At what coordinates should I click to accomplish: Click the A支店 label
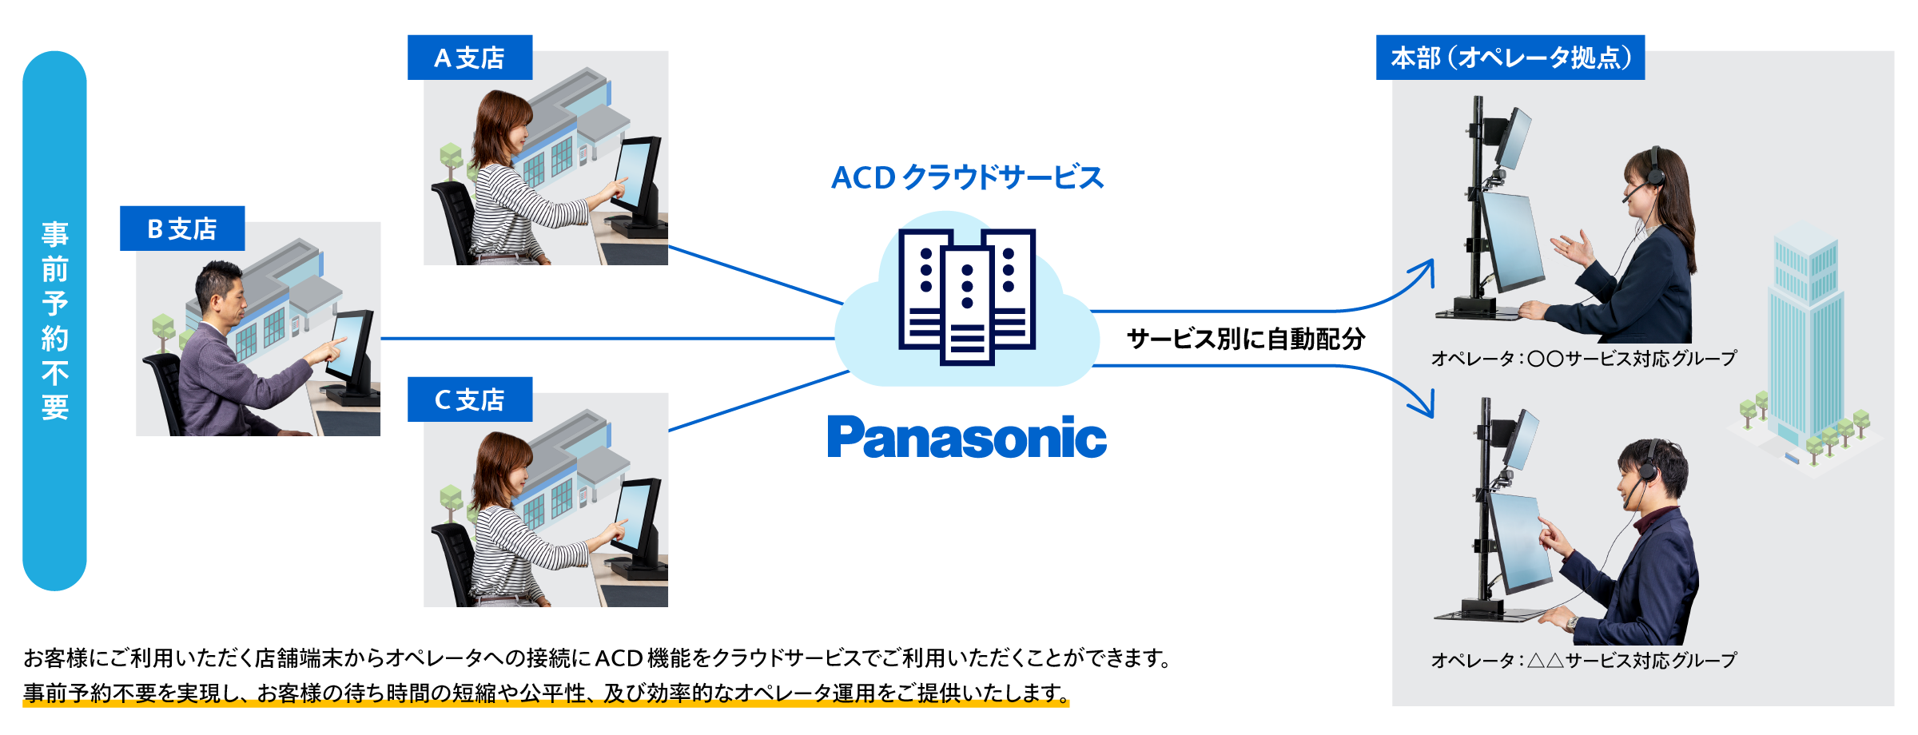(x=469, y=58)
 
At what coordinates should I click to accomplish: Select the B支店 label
(x=182, y=229)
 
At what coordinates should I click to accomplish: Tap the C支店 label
(x=469, y=399)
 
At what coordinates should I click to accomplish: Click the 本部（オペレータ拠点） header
(x=1510, y=58)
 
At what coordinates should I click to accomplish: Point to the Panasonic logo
(x=966, y=437)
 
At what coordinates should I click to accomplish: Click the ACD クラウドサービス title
(x=967, y=177)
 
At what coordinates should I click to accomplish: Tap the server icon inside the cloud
(x=967, y=296)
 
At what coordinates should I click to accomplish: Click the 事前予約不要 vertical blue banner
(x=54, y=320)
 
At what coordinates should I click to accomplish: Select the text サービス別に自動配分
(x=1245, y=339)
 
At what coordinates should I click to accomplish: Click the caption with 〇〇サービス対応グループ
(x=1584, y=359)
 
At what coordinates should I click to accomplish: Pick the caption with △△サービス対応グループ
(x=1584, y=660)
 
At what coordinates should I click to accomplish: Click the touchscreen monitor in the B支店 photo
(x=350, y=346)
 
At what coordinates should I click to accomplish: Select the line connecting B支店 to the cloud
(x=607, y=339)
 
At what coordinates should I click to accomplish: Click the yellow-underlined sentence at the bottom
(x=546, y=693)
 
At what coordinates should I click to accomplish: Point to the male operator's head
(x=1653, y=467)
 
